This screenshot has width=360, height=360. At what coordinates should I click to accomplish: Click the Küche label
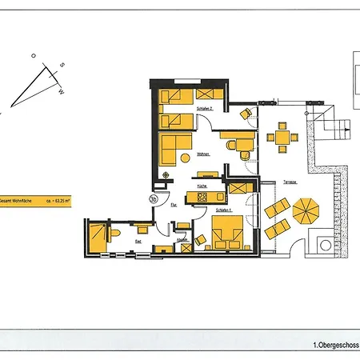coord(202,186)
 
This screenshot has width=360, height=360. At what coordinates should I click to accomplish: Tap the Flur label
coord(173,205)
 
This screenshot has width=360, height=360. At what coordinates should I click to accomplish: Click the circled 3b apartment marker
coord(153,199)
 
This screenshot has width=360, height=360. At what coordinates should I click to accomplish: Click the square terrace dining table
coord(282,137)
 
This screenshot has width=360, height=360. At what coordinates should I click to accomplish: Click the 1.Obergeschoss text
coord(336,345)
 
